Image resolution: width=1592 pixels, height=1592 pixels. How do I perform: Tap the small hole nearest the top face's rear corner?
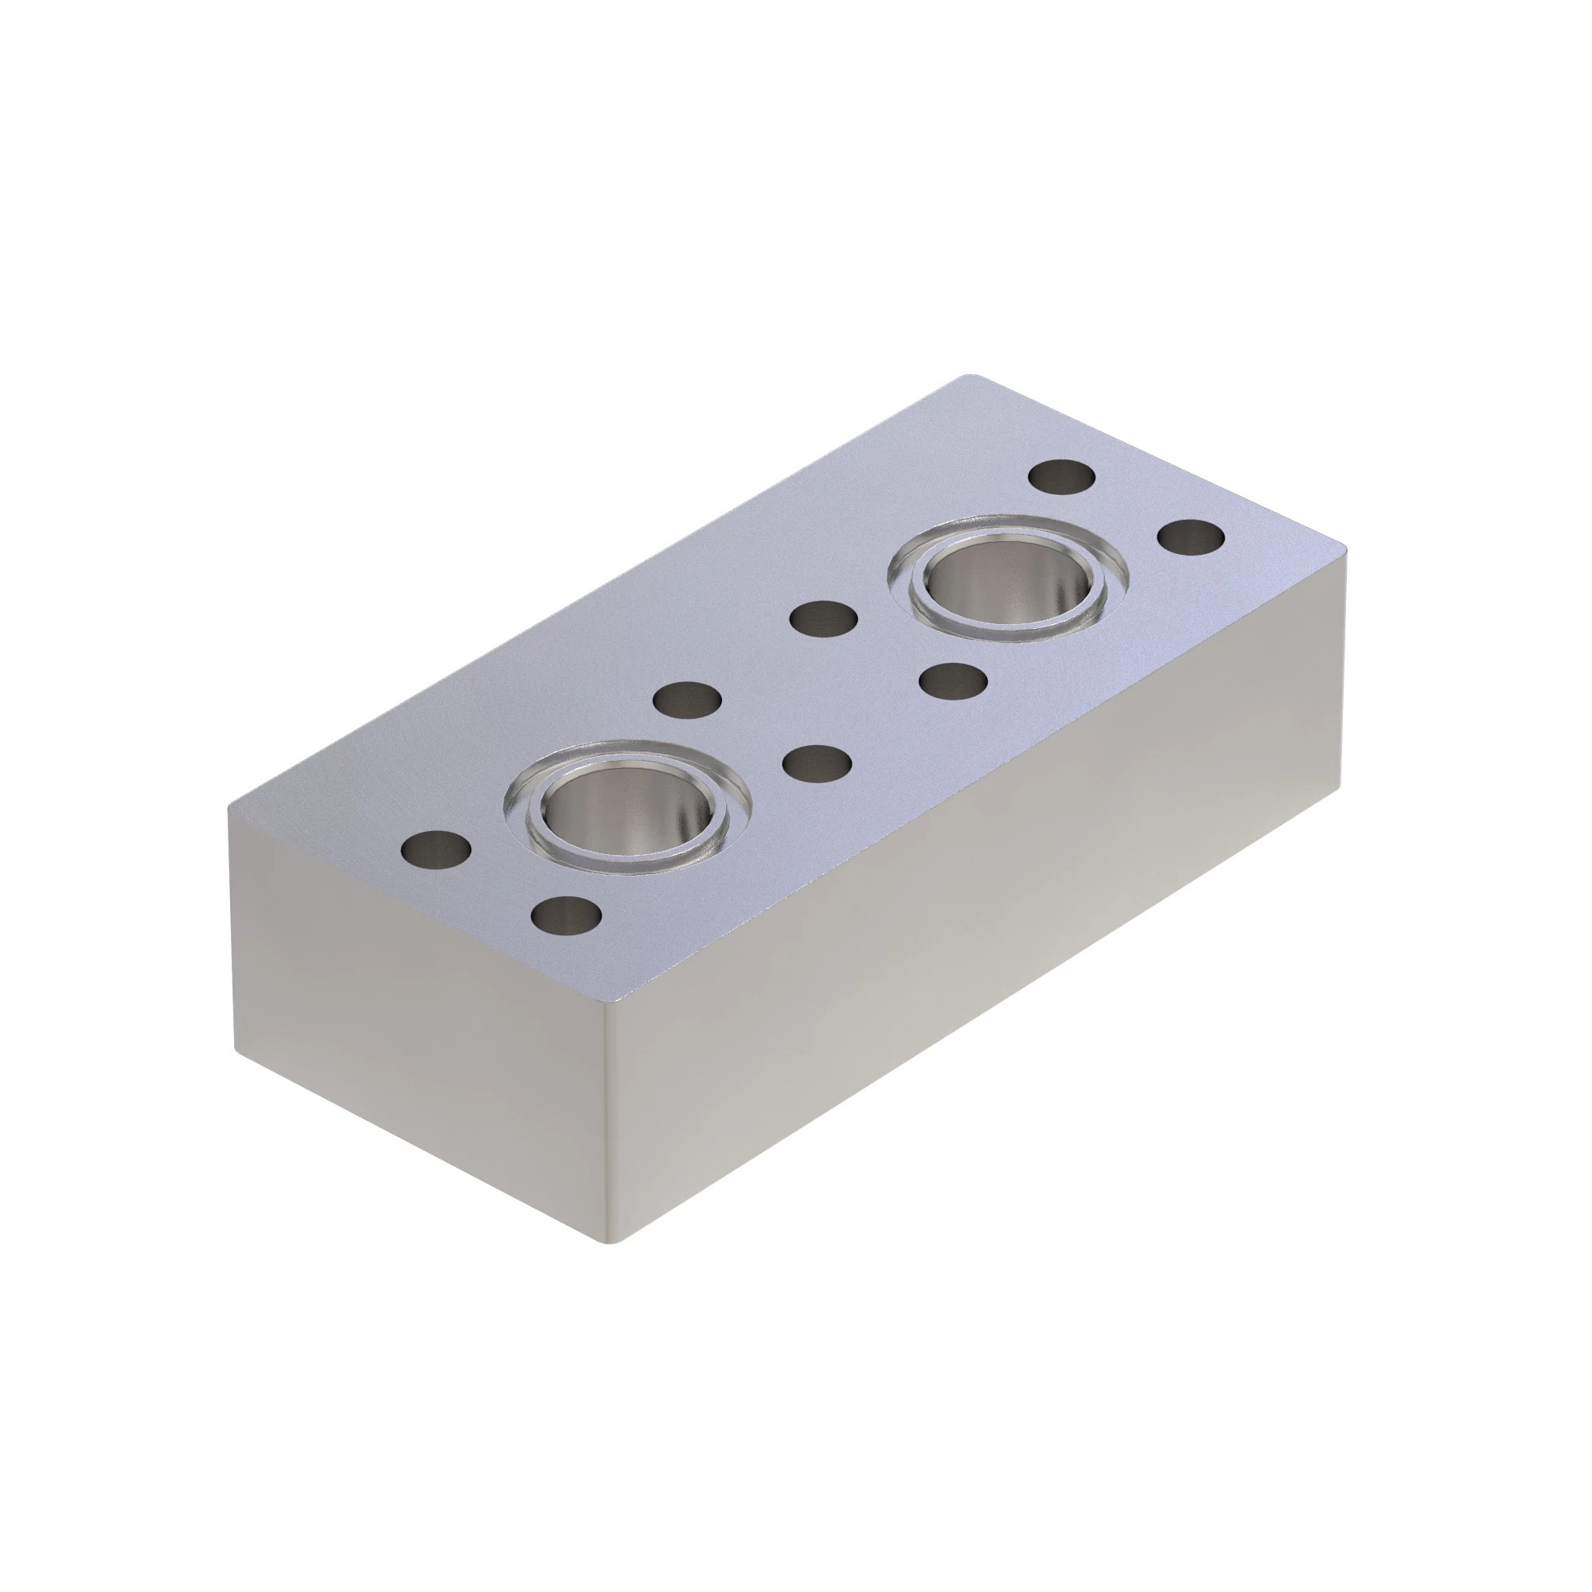point(1063,477)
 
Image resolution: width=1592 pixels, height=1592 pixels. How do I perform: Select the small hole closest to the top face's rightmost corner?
point(1191,537)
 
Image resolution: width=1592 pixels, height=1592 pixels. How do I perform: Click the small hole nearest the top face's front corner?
point(566,915)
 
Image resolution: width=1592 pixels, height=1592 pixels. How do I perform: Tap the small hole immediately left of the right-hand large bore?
point(823,619)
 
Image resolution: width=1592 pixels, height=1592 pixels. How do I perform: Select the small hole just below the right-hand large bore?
point(953,681)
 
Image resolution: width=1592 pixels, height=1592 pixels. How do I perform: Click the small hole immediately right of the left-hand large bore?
point(816,763)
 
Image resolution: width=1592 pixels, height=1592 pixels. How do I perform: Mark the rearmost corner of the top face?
point(973,377)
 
